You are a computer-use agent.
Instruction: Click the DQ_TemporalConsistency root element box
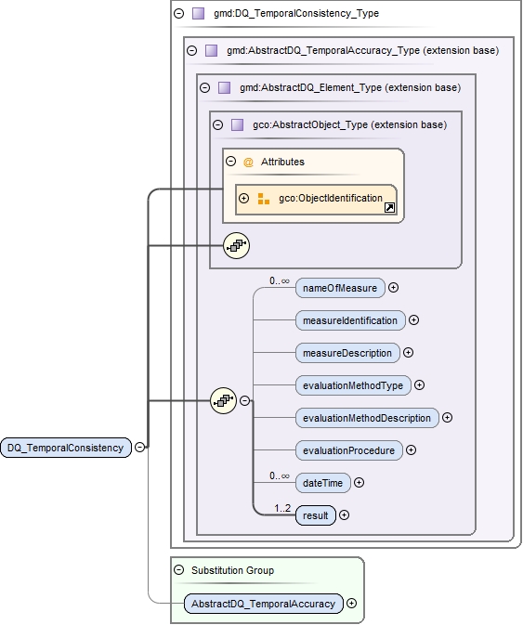point(65,448)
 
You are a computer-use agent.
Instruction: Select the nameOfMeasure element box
point(340,288)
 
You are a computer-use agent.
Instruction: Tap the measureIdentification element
point(350,320)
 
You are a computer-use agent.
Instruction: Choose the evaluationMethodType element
point(353,384)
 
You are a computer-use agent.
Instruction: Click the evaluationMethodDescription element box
point(367,418)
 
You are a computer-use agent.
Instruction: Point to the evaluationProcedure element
point(348,450)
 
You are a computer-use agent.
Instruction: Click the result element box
point(316,515)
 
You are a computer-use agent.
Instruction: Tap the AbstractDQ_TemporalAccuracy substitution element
point(263,604)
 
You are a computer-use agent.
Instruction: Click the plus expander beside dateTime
point(360,483)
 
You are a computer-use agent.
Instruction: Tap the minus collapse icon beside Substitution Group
point(178,569)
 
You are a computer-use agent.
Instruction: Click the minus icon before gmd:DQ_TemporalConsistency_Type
point(178,14)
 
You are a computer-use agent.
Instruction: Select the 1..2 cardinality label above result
point(283,507)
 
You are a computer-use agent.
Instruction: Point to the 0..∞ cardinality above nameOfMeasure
point(280,280)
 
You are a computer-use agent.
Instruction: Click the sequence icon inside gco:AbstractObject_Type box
point(237,245)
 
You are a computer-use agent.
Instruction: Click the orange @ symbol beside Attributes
point(248,162)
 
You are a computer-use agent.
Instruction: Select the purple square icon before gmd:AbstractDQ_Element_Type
point(224,88)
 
